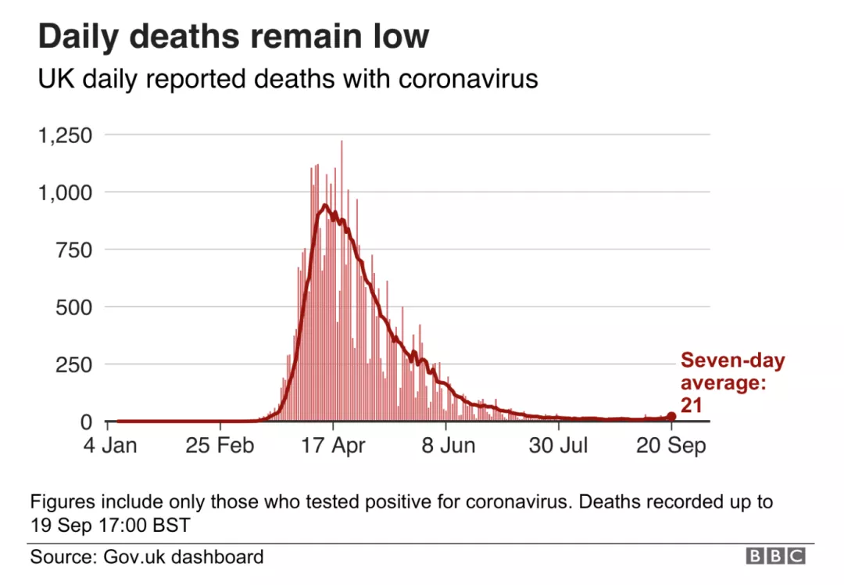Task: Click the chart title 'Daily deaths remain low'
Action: point(234,37)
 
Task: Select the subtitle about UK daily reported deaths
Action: point(288,79)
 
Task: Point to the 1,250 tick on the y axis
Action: point(65,135)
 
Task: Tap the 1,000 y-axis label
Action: point(65,192)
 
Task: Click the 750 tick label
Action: point(74,250)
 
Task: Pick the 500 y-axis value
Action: point(74,307)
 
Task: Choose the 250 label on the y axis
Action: point(74,364)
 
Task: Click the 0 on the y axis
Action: point(87,422)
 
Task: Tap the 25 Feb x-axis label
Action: point(220,446)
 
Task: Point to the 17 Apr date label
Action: point(333,446)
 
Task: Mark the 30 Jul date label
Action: point(559,446)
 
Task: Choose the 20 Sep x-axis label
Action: point(672,446)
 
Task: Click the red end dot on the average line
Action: point(672,417)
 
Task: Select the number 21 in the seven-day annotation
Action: point(692,404)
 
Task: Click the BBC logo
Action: point(775,556)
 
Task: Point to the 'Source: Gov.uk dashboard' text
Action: point(147,557)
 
